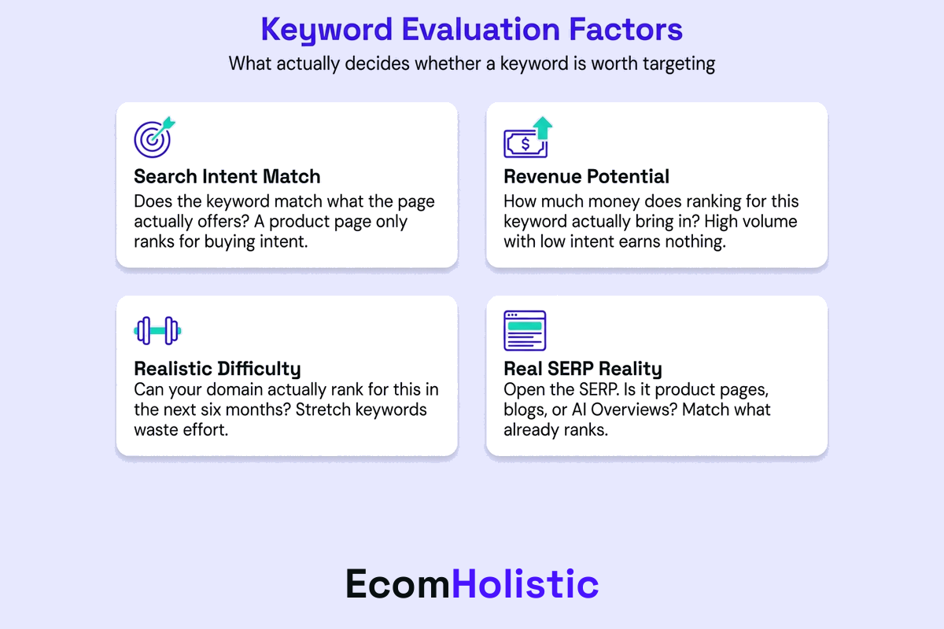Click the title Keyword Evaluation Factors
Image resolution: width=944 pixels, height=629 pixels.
(x=471, y=30)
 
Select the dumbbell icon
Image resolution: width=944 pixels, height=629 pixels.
(x=157, y=331)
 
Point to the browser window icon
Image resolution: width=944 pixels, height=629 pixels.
(x=525, y=331)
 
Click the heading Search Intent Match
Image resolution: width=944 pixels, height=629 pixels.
(x=227, y=176)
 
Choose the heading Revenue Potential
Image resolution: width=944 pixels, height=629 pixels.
(x=586, y=176)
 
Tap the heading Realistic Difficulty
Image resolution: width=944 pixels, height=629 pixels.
(x=217, y=369)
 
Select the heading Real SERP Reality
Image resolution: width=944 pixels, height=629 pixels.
(x=583, y=369)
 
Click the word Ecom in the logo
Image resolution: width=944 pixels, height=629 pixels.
(x=399, y=584)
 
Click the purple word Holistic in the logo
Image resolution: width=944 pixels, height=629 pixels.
(x=525, y=584)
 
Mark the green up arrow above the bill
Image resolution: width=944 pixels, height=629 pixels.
(x=543, y=127)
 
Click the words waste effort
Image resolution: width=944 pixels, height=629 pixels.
(x=181, y=430)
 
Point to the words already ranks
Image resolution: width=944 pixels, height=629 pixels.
(x=555, y=430)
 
